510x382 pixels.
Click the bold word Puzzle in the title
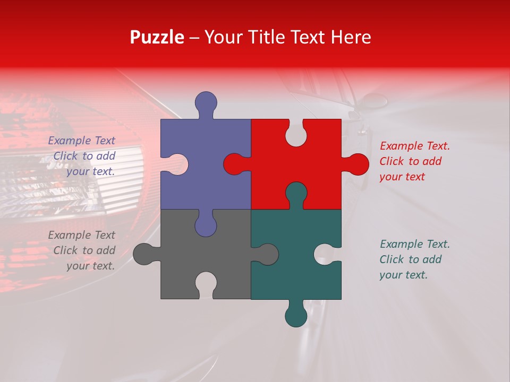pyautogui.click(x=157, y=37)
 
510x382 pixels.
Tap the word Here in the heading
pyautogui.click(x=351, y=37)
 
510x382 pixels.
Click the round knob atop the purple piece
pyautogui.click(x=206, y=102)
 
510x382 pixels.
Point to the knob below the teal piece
pyautogui.click(x=296, y=316)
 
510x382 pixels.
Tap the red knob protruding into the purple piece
pyautogui.click(x=234, y=164)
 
